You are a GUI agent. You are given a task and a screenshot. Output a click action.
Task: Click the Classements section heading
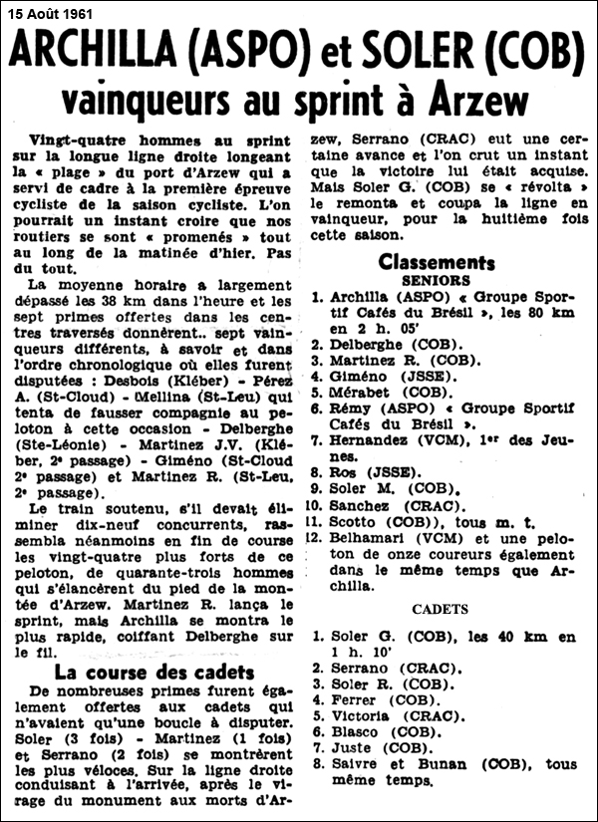pos(437,262)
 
